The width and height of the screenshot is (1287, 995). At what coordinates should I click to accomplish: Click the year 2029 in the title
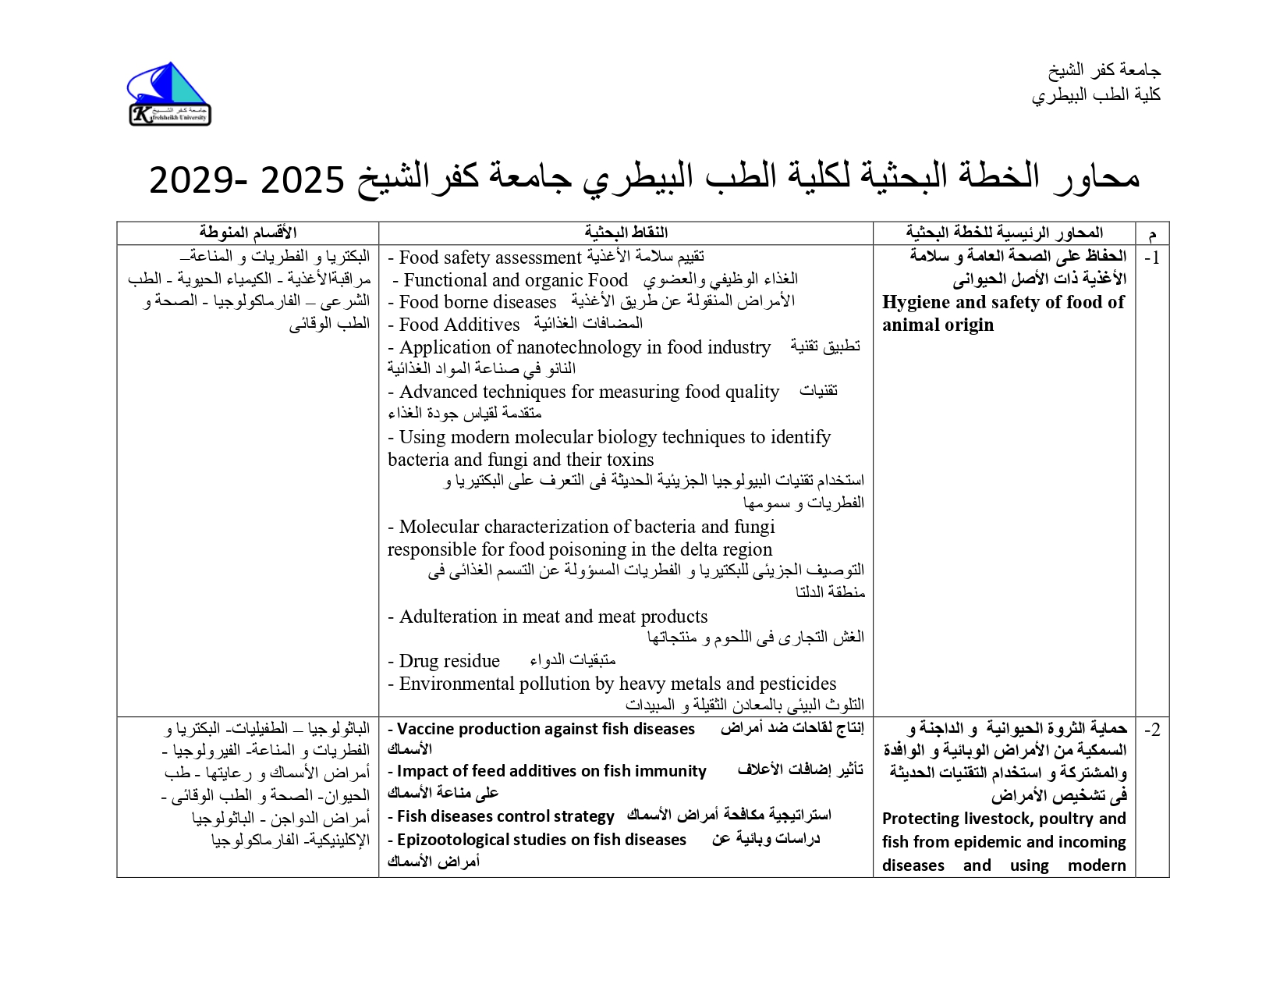[185, 180]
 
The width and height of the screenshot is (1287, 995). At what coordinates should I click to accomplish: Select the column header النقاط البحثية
[626, 233]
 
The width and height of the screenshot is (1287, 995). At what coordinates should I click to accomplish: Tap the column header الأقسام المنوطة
[247, 233]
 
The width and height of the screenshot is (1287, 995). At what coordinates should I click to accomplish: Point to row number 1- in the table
[1151, 258]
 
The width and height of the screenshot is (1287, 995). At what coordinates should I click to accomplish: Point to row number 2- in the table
[1151, 730]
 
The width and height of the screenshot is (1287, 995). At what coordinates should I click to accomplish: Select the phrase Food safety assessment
[491, 258]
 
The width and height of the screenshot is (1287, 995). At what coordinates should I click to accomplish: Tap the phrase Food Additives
[459, 325]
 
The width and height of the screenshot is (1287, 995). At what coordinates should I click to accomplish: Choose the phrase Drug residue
[448, 662]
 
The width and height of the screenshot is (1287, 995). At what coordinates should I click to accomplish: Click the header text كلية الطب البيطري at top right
[1096, 95]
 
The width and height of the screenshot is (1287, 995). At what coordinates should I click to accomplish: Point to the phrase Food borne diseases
[477, 302]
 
